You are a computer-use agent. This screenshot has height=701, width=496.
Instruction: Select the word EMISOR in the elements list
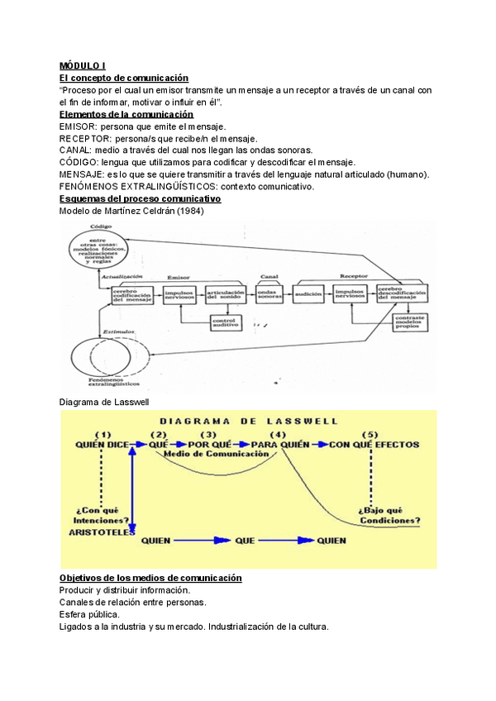click(x=76, y=126)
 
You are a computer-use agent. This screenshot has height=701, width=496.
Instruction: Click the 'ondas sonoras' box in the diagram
click(x=269, y=294)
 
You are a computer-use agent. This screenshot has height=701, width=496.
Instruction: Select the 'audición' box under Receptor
click(x=308, y=294)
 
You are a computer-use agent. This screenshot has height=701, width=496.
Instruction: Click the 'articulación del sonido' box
click(x=225, y=294)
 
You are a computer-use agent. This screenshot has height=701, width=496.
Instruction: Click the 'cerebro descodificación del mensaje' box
click(x=402, y=295)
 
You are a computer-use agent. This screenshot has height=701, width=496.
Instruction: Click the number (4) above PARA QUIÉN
click(x=277, y=434)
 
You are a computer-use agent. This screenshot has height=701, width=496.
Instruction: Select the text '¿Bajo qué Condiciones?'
click(x=389, y=514)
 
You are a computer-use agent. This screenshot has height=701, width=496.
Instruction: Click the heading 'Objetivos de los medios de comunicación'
click(x=150, y=578)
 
